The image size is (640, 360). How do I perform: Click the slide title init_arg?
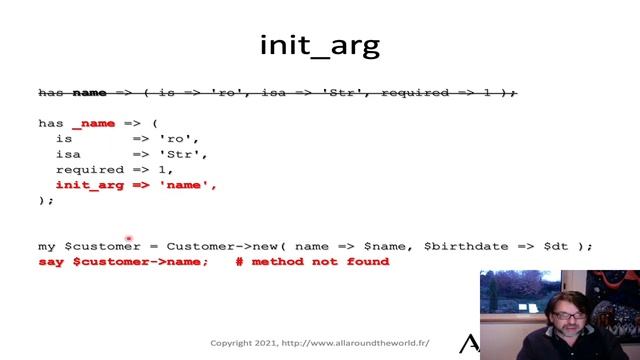tap(320, 45)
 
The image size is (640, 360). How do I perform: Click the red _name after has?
tap(93, 124)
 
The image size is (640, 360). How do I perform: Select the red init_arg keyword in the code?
tap(88, 185)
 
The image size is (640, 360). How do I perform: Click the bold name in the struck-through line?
tap(90, 93)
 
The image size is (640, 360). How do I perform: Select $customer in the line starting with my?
tap(103, 246)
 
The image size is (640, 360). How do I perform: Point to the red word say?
tap(51, 262)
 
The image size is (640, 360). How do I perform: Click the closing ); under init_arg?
tap(46, 200)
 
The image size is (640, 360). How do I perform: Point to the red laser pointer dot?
tap(128, 238)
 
